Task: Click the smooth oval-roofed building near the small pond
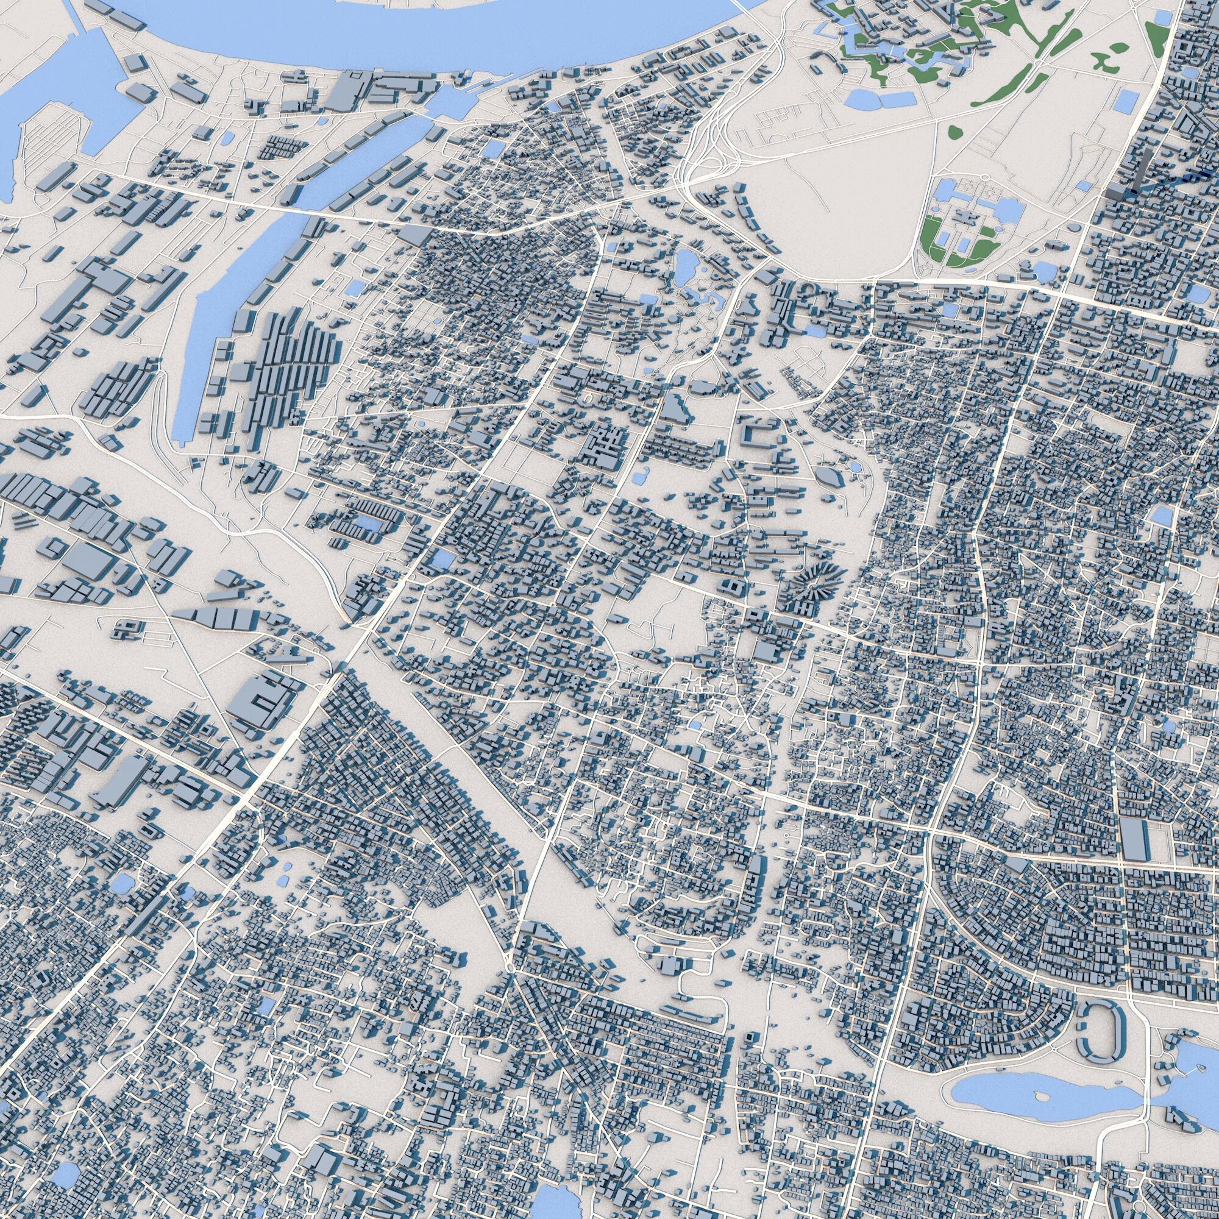point(830,477)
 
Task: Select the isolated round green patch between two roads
point(956,131)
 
